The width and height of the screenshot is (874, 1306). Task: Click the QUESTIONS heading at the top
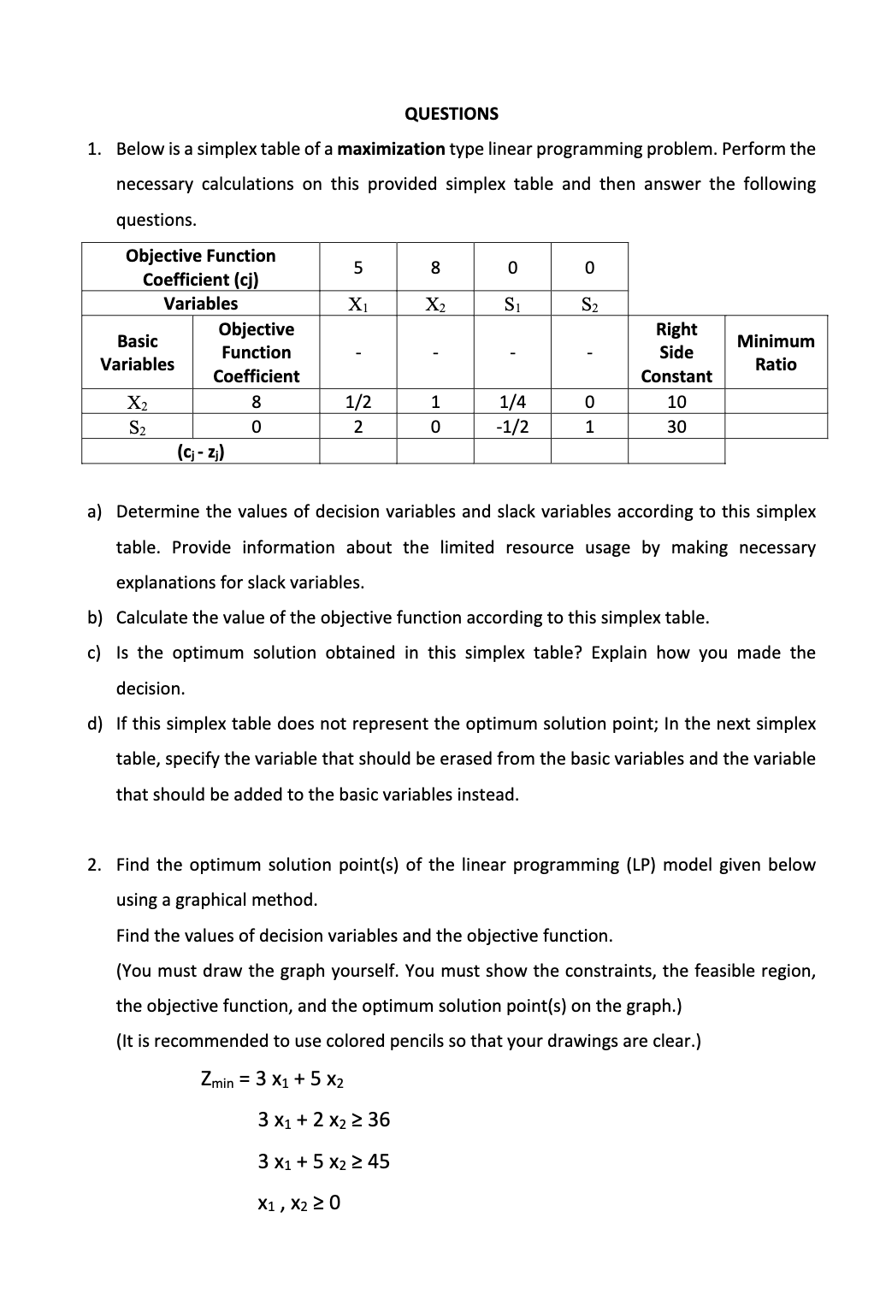tap(451, 114)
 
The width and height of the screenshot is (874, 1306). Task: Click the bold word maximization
tap(391, 149)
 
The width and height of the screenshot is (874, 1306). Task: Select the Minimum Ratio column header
tap(776, 352)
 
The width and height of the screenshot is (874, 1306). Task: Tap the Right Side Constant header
tap(676, 352)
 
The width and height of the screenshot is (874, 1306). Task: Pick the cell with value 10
tap(676, 402)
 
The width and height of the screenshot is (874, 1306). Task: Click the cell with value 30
tap(676, 427)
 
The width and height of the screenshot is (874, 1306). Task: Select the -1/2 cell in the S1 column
tap(512, 427)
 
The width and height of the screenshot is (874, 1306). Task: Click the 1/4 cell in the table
tap(512, 402)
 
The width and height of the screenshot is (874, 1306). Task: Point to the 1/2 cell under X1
tap(357, 402)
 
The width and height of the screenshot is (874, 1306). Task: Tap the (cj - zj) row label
tap(201, 452)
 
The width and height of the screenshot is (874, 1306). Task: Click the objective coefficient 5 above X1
tap(357, 268)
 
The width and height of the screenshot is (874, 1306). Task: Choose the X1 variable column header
tap(357, 304)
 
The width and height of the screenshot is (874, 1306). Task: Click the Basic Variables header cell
tap(137, 352)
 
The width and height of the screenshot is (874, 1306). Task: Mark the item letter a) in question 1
tap(94, 512)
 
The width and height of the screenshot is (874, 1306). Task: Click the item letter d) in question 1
tap(94, 724)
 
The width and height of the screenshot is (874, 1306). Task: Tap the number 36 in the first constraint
tap(379, 1120)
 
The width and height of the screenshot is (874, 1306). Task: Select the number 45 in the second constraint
tap(379, 1161)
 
